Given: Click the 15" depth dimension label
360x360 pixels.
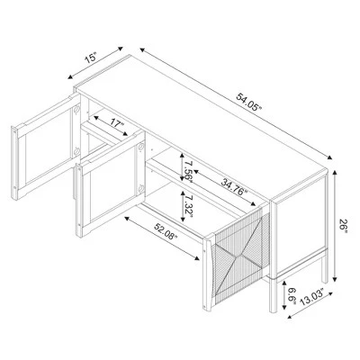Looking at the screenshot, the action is click(x=91, y=58).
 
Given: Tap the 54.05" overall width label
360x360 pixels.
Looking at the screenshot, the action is click(x=249, y=102).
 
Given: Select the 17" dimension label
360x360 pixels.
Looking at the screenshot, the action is click(x=117, y=126).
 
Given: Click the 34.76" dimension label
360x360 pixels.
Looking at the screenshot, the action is click(x=234, y=186).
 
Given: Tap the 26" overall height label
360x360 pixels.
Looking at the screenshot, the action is click(x=343, y=226).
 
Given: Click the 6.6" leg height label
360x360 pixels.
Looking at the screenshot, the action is click(x=292, y=296).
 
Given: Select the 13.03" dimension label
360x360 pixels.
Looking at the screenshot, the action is click(x=313, y=297).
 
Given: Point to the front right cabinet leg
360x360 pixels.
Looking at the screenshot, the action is click(x=274, y=295).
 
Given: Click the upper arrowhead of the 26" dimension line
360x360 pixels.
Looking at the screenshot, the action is click(x=335, y=172).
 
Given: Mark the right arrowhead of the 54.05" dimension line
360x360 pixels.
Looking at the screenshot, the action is click(x=329, y=157).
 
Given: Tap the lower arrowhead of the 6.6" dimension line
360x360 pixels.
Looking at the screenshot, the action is click(x=283, y=309).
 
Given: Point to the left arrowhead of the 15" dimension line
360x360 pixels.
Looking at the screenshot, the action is click(x=71, y=76).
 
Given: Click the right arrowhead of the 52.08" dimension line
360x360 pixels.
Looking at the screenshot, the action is click(x=196, y=257).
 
